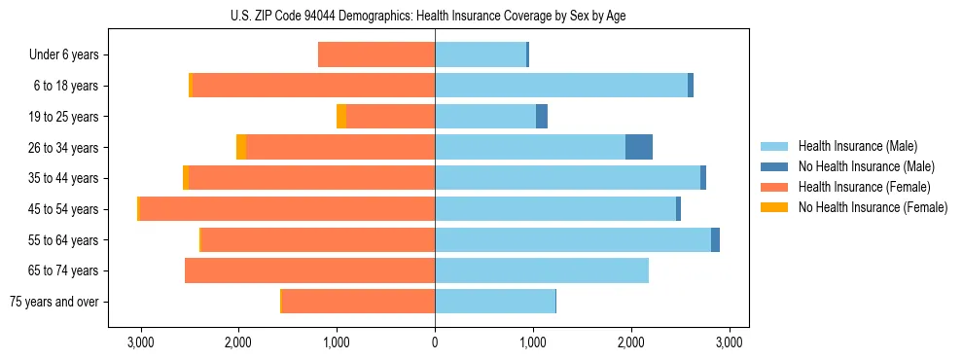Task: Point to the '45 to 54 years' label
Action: click(64, 209)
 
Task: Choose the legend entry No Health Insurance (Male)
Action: click(866, 166)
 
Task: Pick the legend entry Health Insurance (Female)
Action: click(864, 187)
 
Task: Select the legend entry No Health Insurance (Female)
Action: click(873, 207)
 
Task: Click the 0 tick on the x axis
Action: click(435, 343)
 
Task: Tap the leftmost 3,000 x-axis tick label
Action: click(140, 343)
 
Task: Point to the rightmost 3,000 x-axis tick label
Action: click(730, 343)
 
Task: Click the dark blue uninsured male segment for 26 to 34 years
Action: click(639, 147)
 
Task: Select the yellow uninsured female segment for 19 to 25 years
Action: click(341, 117)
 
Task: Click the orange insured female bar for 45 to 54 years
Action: click(287, 209)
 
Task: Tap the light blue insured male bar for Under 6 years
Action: click(481, 55)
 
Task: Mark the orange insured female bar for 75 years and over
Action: click(358, 302)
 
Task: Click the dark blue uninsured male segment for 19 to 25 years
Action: click(542, 117)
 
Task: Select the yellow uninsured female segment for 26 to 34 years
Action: click(241, 147)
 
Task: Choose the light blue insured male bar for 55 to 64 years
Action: click(573, 240)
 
